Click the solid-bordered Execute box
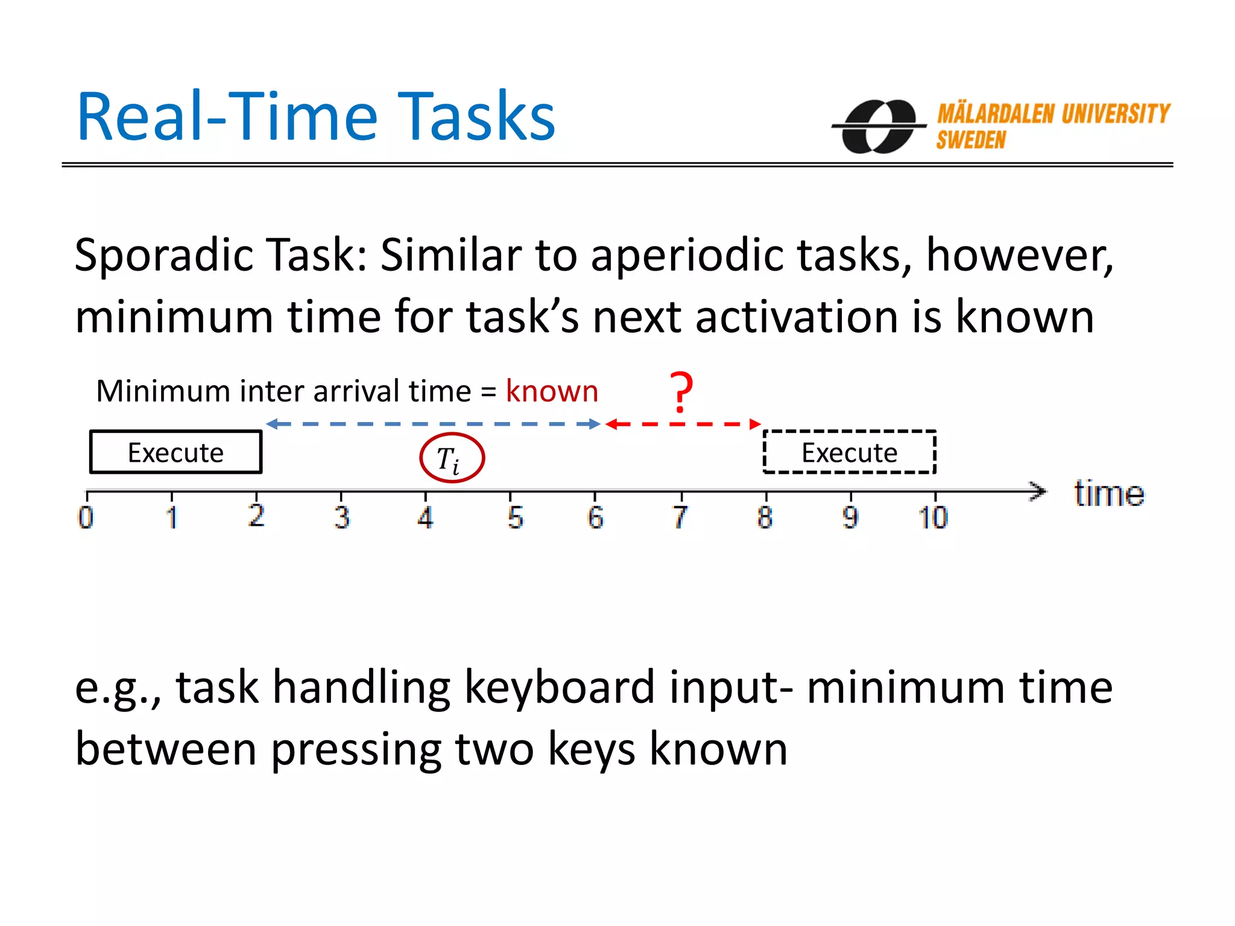coord(175,452)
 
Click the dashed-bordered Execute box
coord(849,452)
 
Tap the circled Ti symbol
coord(452,458)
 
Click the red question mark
coord(681,392)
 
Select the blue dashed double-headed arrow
coord(433,424)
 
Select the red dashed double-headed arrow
coord(683,424)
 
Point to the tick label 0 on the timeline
coord(86,517)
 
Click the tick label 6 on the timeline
coord(595,517)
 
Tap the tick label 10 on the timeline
coord(933,517)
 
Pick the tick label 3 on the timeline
coord(341,517)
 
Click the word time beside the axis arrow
coord(1108,494)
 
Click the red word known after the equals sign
coord(552,391)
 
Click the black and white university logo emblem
coord(879,127)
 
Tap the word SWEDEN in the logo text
coord(971,140)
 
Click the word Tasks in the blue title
coord(476,117)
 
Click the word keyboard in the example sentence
coord(560,687)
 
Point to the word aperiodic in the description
coord(687,256)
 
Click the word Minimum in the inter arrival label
coord(163,391)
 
